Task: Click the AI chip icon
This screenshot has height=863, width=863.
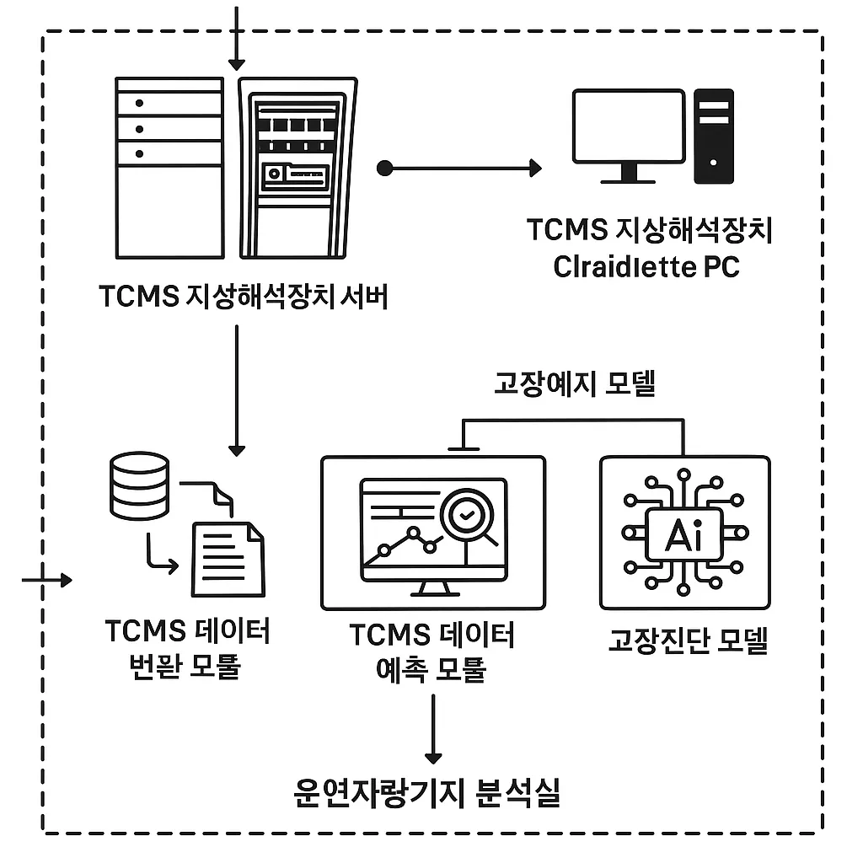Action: click(x=683, y=533)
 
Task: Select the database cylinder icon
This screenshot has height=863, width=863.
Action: click(x=140, y=485)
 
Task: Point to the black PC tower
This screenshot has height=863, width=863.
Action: click(x=713, y=136)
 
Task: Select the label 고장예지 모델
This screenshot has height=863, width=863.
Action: click(x=574, y=384)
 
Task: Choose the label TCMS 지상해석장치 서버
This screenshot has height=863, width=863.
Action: click(x=244, y=297)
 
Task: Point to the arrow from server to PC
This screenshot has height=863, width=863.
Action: click(x=464, y=168)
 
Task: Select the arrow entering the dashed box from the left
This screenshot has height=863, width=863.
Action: click(x=47, y=580)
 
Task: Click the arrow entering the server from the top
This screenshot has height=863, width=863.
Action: click(x=236, y=38)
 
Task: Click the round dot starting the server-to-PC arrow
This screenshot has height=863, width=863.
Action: click(x=386, y=168)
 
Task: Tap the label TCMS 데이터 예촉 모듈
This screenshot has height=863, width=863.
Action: click(x=431, y=652)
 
